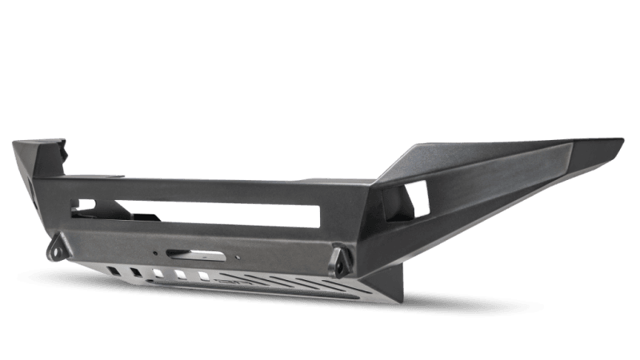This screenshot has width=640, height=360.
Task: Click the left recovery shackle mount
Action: [59, 247]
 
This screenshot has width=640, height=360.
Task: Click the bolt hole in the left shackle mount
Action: [58, 250]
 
